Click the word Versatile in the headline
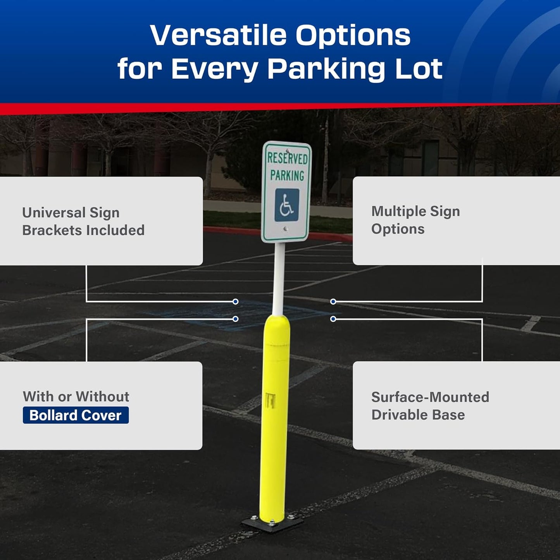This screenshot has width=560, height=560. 217,35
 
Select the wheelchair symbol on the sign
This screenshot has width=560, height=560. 287,205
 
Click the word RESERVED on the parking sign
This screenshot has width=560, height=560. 287,158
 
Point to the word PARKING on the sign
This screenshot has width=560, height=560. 287,176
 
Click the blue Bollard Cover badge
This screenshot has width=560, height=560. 76,415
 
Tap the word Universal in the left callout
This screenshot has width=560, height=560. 53,213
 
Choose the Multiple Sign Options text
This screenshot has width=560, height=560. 415,220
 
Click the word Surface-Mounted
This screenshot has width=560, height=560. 430,397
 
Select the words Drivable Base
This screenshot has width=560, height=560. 418,415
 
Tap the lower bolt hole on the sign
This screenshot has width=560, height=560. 286,229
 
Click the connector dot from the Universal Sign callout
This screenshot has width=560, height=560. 235,302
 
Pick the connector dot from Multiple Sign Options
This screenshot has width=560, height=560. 333,302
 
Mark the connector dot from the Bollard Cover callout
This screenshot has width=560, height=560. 235,319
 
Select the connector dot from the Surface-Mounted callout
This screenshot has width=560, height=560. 333,319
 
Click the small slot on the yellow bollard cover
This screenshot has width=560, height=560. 270,400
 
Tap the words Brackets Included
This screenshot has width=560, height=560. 83,230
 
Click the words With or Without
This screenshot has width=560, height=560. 76,396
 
